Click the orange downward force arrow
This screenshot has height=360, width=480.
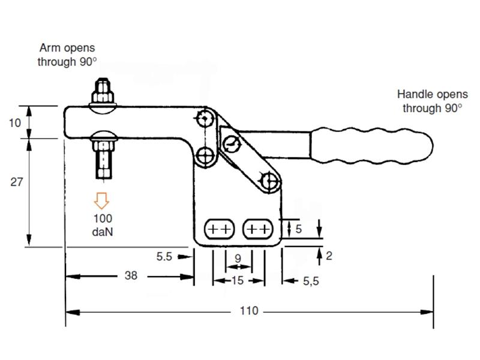(100, 200)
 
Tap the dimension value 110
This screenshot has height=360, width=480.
(248, 311)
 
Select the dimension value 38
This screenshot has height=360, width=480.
(131, 275)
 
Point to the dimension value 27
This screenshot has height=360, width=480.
(17, 182)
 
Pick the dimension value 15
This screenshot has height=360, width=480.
(238, 280)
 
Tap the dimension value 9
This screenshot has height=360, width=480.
(238, 259)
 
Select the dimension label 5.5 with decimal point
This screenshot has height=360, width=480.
(164, 256)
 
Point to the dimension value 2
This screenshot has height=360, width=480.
(328, 256)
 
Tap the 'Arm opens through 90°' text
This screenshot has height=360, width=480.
(67, 54)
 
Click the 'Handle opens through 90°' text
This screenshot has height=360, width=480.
(432, 101)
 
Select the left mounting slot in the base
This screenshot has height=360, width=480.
(220, 229)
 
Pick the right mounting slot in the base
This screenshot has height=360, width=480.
(257, 229)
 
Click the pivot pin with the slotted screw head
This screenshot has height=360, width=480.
(231, 143)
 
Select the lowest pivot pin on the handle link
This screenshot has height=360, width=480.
(269, 180)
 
